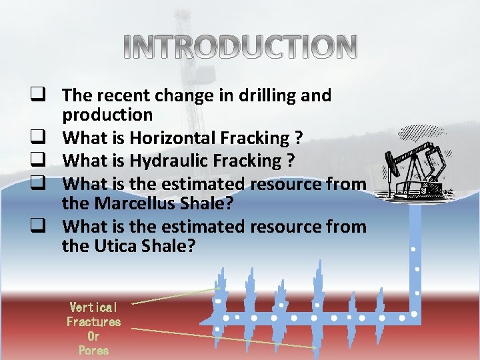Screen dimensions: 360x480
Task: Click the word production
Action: coord(107,115)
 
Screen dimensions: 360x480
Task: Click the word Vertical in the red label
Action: coord(93,307)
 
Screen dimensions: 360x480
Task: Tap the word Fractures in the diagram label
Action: coord(93,321)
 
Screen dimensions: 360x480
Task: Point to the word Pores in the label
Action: coord(93,350)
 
